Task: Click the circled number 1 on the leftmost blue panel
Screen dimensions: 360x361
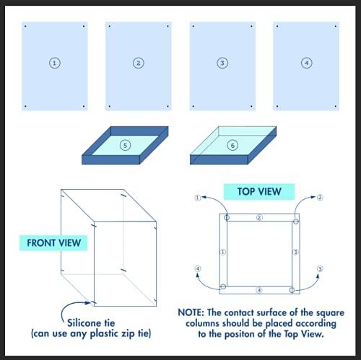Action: [54, 63]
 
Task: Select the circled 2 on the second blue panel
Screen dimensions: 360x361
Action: [138, 63]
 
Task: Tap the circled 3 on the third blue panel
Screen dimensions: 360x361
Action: [222, 63]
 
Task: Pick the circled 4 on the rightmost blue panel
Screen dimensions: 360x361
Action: [306, 63]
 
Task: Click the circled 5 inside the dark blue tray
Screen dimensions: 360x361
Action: [125, 145]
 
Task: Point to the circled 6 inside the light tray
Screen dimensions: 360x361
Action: [232, 145]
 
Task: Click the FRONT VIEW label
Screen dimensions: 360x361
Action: [53, 242]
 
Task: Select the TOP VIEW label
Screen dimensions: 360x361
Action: [258, 192]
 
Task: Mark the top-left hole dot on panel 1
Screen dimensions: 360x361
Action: [25, 27]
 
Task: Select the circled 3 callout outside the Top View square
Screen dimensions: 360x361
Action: [319, 269]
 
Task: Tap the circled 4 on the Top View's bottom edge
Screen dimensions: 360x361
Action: [259, 290]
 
